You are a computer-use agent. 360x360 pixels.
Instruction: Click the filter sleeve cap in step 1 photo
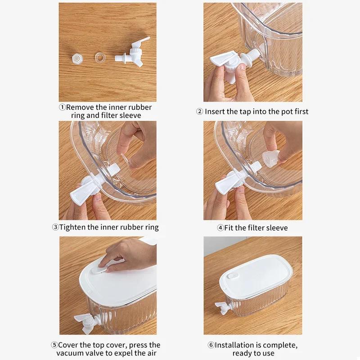pyautogui.click(x=77, y=58)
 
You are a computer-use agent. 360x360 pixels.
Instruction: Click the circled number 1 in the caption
pyautogui.click(x=63, y=108)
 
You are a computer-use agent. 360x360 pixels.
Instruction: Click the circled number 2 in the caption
pyautogui.click(x=200, y=112)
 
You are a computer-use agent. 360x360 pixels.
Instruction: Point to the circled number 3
pyautogui.click(x=55, y=227)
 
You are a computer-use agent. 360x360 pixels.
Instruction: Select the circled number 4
pyautogui.click(x=220, y=228)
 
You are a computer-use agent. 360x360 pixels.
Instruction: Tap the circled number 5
pyautogui.click(x=54, y=345)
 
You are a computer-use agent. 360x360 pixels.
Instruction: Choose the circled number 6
pyautogui.click(x=211, y=345)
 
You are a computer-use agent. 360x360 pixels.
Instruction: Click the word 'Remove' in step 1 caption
pyautogui.click(x=80, y=108)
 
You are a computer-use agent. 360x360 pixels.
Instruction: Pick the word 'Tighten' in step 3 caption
pyautogui.click(x=72, y=227)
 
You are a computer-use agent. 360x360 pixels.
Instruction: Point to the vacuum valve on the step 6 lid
pyautogui.click(x=231, y=274)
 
